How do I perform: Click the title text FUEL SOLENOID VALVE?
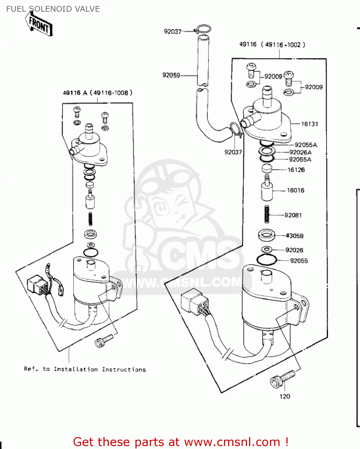(x=53, y=9)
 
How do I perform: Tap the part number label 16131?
(x=309, y=124)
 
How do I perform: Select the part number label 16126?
(x=296, y=170)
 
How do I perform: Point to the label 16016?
(x=295, y=190)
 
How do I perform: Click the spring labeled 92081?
(x=267, y=214)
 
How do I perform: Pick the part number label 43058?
(x=294, y=236)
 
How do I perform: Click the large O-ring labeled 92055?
(x=266, y=260)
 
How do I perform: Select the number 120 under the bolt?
(x=285, y=396)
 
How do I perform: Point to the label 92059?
(x=171, y=75)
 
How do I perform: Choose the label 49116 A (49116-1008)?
(x=97, y=93)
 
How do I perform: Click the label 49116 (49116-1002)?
(x=272, y=45)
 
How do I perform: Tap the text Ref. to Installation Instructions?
(x=85, y=369)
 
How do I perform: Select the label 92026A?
(x=300, y=152)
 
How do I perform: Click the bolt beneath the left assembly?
(x=103, y=341)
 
